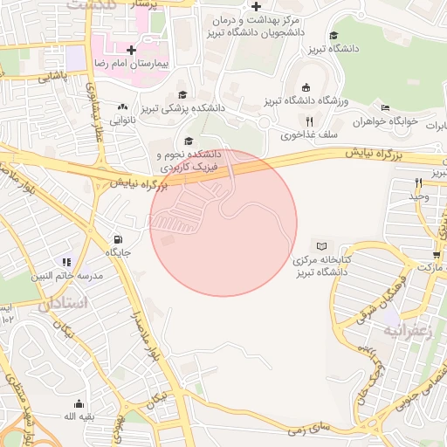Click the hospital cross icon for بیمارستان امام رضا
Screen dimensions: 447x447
[132, 50]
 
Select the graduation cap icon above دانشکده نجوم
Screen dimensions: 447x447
[188, 141]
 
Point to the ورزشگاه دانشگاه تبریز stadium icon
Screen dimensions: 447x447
[305, 87]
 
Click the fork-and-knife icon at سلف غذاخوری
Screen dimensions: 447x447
[308, 120]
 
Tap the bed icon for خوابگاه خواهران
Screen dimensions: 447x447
[385, 108]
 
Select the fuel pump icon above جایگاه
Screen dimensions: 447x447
[117, 239]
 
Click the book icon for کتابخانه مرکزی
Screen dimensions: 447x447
[324, 247]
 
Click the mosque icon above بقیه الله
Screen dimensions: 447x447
[79, 403]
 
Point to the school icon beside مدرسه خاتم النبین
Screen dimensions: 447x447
[65, 261]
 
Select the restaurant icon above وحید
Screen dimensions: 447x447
[419, 182]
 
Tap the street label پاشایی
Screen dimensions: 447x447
[52, 77]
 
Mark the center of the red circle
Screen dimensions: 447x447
[223, 223]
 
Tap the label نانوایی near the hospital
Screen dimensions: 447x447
[121, 118]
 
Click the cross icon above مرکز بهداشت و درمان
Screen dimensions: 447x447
[256, 6]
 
